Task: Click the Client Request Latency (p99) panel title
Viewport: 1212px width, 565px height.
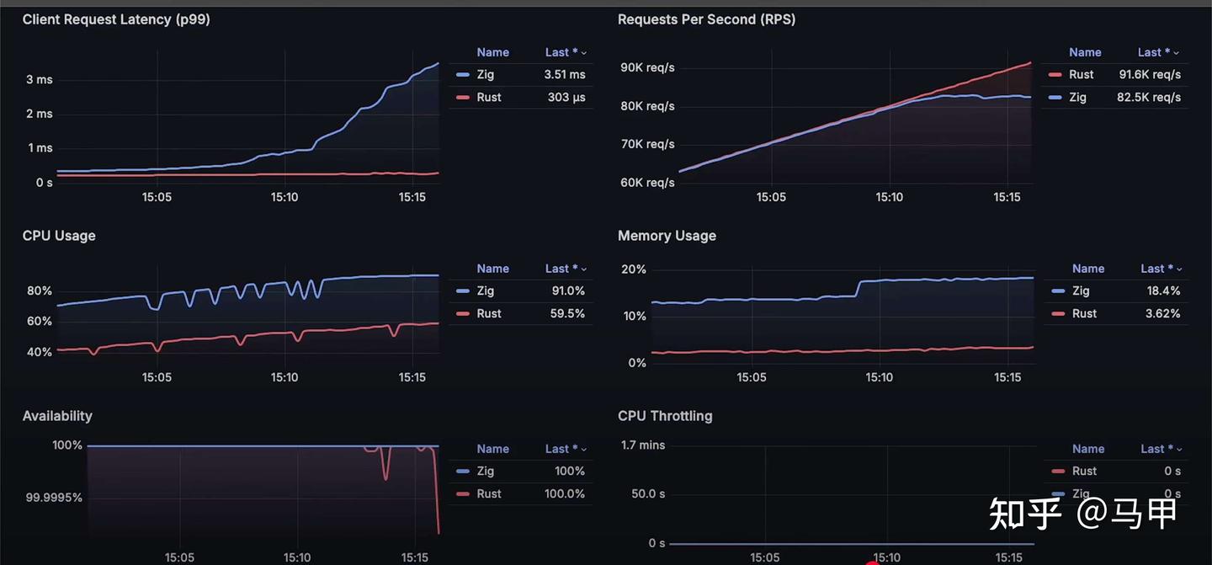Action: (116, 19)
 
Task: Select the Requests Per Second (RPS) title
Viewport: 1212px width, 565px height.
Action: (706, 19)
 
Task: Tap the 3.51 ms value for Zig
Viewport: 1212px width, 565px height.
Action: (564, 75)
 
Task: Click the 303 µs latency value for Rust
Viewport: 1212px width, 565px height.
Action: (566, 98)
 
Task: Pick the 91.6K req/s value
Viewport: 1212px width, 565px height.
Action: (1149, 75)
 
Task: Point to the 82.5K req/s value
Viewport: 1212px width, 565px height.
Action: (1149, 98)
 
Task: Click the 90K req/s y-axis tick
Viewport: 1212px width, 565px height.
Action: (647, 67)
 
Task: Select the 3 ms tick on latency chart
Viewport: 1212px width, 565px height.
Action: (39, 80)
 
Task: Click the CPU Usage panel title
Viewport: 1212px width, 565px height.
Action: (59, 236)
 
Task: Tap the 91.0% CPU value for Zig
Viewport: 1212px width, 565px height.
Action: (567, 291)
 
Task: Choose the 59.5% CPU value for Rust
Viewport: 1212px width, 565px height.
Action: (566, 314)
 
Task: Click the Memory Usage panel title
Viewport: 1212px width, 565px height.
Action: (667, 236)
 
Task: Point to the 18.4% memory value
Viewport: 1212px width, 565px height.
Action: (1162, 291)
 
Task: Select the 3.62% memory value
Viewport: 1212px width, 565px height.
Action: (1162, 314)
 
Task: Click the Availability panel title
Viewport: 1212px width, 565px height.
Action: (57, 416)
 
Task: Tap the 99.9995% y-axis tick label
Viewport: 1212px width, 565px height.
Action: (54, 498)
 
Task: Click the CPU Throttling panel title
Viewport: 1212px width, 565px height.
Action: (665, 416)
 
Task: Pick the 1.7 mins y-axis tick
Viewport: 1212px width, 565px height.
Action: (643, 445)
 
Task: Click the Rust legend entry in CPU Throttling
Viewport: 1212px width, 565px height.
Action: (1084, 472)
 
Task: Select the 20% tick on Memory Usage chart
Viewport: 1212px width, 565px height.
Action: (633, 270)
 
